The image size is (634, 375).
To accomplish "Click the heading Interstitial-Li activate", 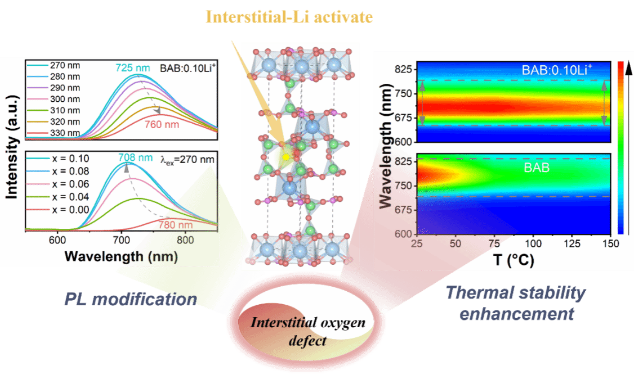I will [289, 17].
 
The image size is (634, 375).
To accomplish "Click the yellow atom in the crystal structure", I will [285, 156].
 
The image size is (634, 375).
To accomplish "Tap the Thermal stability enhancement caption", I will [515, 302].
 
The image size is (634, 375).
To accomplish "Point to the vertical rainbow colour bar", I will [620, 146].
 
